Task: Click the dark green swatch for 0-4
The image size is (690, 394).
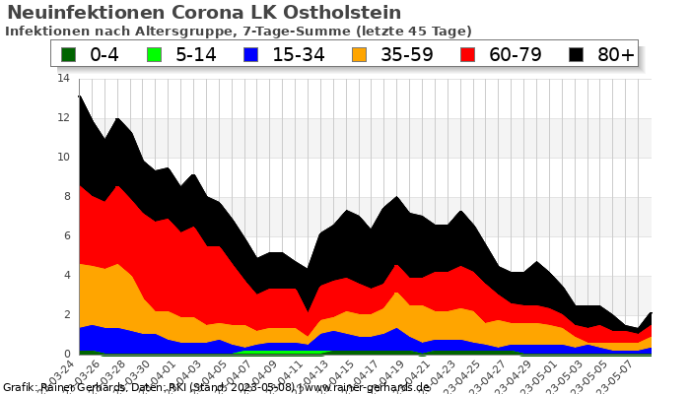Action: click(69, 54)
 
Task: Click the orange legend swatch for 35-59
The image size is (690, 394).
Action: click(366, 54)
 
